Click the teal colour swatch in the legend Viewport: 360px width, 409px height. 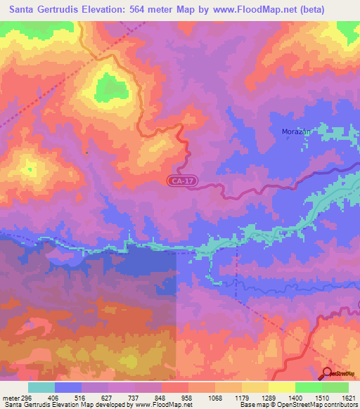click(41, 387)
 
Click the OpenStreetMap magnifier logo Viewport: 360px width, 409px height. click(328, 373)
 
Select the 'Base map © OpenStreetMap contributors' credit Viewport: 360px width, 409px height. click(297, 405)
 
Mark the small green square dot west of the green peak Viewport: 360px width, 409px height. click(86, 152)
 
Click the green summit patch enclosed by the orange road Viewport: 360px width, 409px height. click(108, 87)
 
